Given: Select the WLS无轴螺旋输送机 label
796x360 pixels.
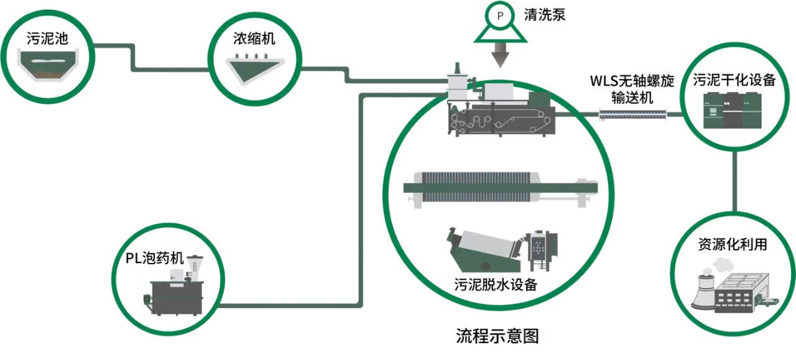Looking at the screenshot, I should pyautogui.click(x=630, y=89).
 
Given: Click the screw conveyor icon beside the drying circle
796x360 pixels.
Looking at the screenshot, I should pyautogui.click(x=632, y=114).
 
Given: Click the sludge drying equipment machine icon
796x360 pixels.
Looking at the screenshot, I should pyautogui.click(x=734, y=110).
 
